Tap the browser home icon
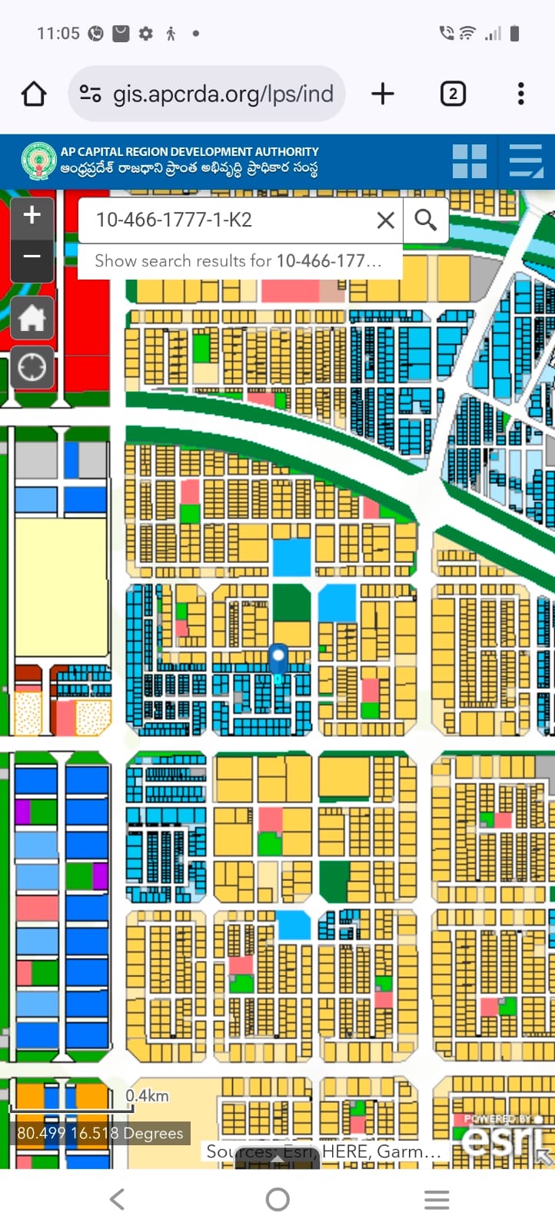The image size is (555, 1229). pos(34,94)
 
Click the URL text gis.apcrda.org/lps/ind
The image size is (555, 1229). pos(223,94)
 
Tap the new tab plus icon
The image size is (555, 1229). pos(382,94)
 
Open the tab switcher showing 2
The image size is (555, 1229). pos(453,94)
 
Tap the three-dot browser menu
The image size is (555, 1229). pos(521,94)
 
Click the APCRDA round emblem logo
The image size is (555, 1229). pos(38,161)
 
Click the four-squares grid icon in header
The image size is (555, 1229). pos(469,161)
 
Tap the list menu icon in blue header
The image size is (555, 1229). pos(526,161)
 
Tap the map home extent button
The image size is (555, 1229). pos(32,318)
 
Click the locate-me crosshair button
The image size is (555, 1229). pos(32,367)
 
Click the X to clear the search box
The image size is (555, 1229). pos(386,220)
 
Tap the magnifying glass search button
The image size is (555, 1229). pos(426,220)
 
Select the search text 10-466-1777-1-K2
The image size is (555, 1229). pos(174,220)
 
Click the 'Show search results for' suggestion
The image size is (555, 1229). pos(238,261)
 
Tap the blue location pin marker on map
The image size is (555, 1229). pos(277,659)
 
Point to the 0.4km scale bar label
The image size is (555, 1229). pos(148,1095)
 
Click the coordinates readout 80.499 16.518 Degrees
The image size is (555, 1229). pos(101,1133)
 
